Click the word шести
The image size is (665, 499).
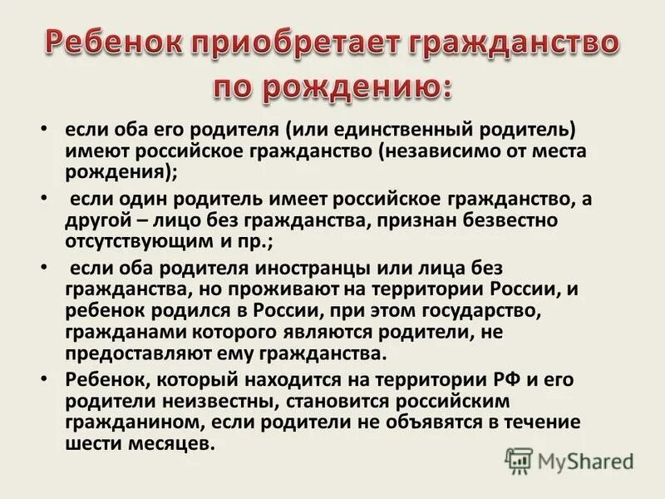91,442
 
